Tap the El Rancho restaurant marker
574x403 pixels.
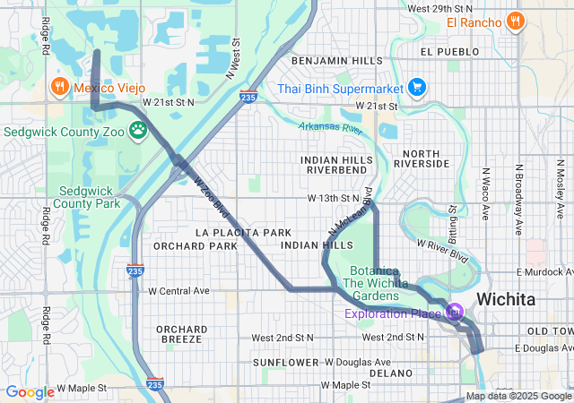[x=515, y=21]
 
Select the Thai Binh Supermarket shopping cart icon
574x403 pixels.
[x=416, y=87]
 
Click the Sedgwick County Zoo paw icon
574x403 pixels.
[x=137, y=131]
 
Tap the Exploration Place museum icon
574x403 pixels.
[x=455, y=313]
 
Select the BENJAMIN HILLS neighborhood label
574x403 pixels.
[x=334, y=60]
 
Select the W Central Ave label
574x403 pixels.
[x=178, y=291]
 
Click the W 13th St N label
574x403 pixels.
[x=333, y=197]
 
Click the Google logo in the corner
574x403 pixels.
[x=30, y=391]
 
